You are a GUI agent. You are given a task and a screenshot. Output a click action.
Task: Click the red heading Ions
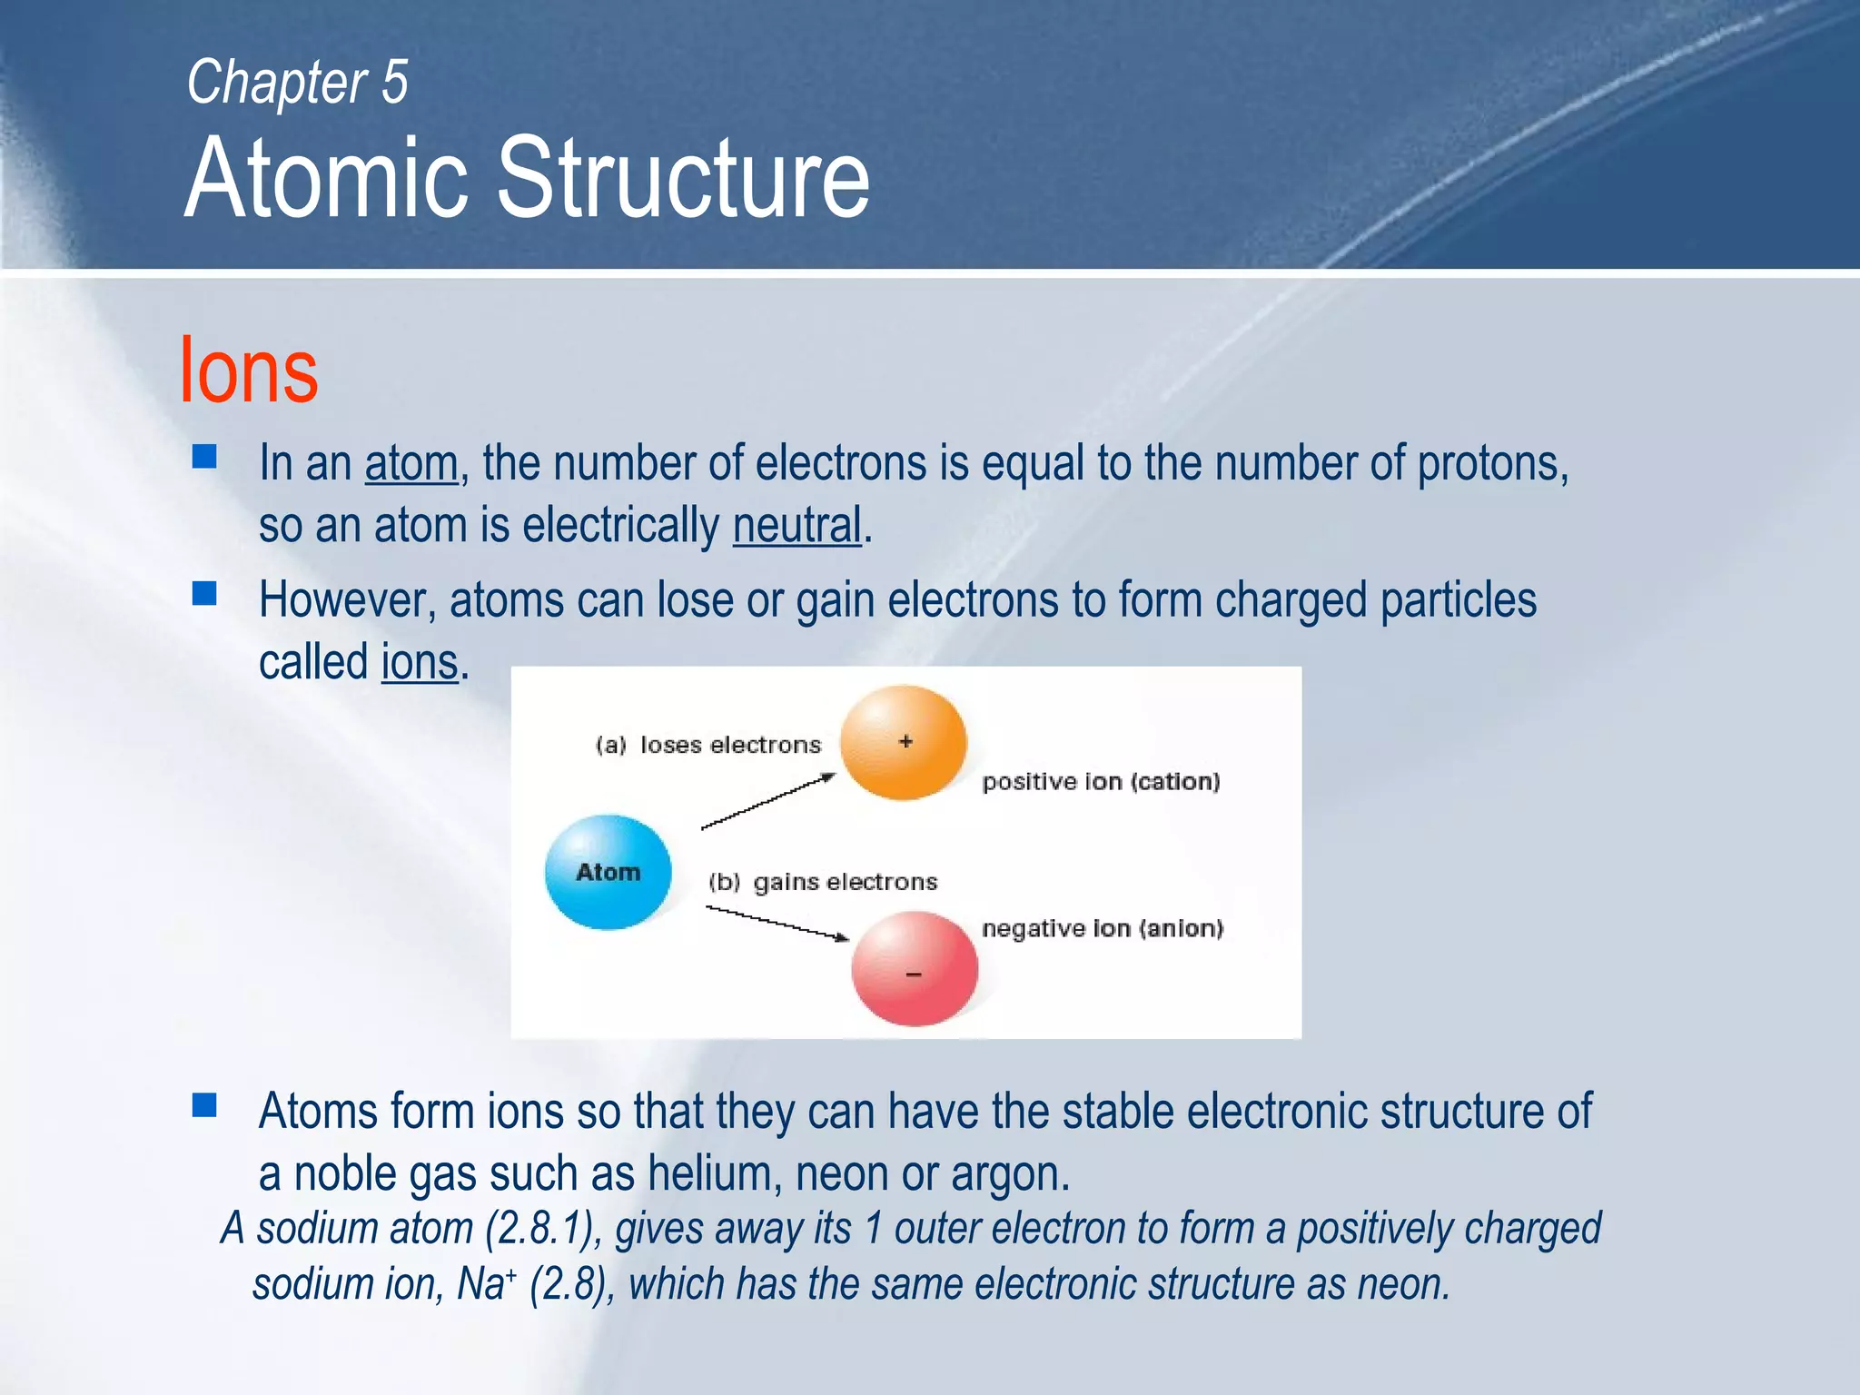tap(249, 371)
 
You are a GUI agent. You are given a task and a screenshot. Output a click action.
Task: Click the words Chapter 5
tap(297, 82)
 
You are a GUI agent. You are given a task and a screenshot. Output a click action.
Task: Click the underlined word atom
tap(411, 463)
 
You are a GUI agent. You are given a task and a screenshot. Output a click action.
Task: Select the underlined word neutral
tap(796, 526)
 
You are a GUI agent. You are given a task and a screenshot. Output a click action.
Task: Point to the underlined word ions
tap(419, 662)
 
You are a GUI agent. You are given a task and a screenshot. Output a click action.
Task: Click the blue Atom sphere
tap(608, 872)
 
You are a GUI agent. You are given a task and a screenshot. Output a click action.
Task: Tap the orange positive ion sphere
tap(903, 743)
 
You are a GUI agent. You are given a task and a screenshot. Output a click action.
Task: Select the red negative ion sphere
tap(914, 970)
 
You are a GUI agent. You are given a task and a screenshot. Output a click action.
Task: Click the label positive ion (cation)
tap(1101, 782)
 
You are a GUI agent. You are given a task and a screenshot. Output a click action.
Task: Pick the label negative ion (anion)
tap(1103, 928)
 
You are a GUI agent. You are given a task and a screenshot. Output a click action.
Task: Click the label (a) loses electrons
tap(707, 745)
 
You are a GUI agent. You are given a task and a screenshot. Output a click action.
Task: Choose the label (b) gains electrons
tap(823, 882)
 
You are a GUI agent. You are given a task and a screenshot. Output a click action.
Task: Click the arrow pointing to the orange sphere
tap(768, 801)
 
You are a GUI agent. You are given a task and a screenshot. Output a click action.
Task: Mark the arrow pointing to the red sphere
tap(777, 924)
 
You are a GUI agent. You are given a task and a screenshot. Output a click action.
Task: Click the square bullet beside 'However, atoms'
tap(204, 594)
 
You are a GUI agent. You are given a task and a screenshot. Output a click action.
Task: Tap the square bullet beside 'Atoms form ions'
tap(204, 1105)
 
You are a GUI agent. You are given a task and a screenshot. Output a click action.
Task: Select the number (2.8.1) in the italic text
tap(543, 1229)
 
